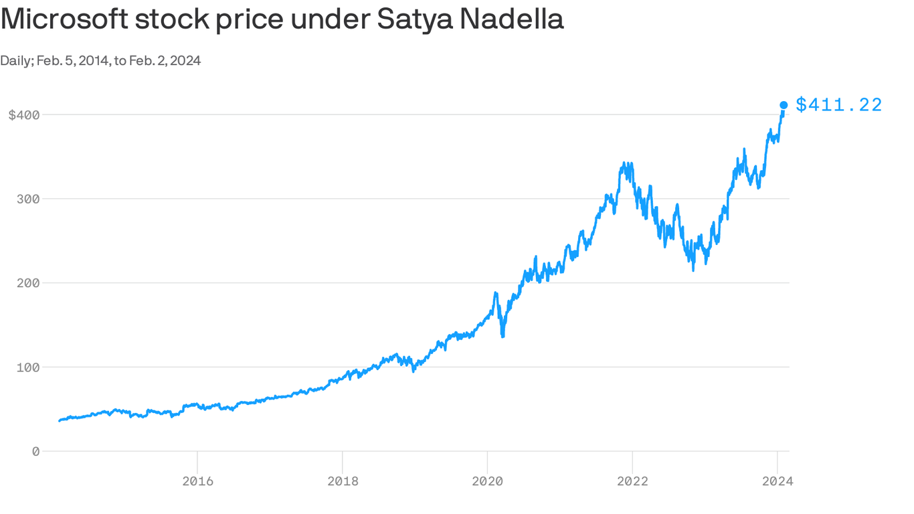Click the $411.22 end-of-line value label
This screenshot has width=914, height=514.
click(839, 105)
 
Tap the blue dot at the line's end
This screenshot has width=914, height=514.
click(784, 105)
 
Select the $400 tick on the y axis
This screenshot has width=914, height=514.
click(24, 115)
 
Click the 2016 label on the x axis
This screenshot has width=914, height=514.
click(197, 481)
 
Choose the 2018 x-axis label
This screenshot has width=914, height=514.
click(343, 481)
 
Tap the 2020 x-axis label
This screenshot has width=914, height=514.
click(487, 481)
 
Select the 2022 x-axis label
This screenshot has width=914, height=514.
click(632, 481)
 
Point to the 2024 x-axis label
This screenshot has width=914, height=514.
click(778, 481)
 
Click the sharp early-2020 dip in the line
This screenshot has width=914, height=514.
click(502, 335)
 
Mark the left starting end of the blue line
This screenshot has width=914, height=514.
click(60, 421)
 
